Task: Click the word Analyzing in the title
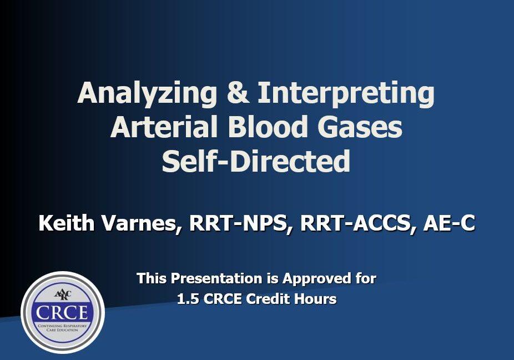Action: (147, 93)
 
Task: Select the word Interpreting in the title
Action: (346, 93)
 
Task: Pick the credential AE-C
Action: (449, 223)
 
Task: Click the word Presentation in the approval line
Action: (216, 278)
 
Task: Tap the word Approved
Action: (316, 279)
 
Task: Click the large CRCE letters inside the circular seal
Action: (62, 312)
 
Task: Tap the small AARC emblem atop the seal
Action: (62, 294)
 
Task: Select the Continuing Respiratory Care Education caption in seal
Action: (62, 328)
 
